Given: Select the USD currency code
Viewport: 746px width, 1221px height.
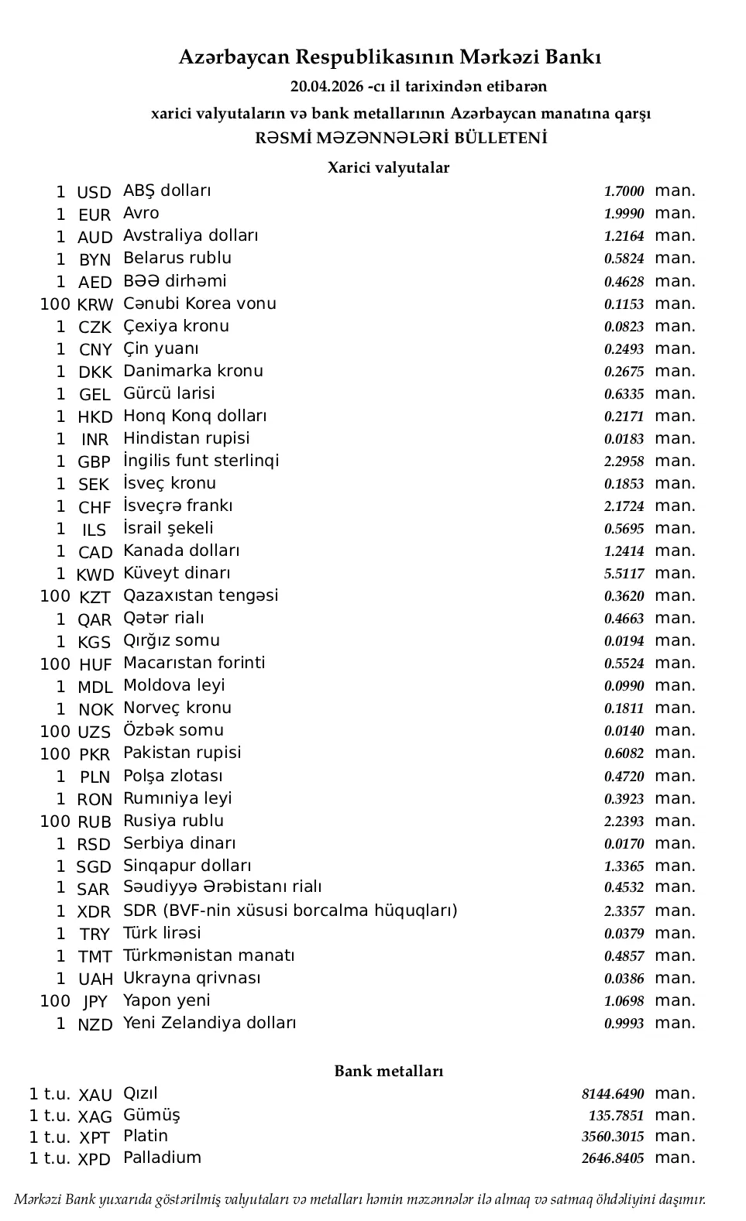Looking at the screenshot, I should [95, 192].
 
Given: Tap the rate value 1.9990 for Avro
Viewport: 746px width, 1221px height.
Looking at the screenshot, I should [624, 214].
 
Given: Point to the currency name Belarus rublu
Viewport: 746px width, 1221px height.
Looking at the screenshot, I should [177, 258].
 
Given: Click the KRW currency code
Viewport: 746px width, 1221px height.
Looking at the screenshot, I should [95, 304].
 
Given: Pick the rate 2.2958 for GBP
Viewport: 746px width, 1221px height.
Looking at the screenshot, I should [624, 461].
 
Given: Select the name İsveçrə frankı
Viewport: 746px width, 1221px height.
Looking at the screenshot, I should [178, 506].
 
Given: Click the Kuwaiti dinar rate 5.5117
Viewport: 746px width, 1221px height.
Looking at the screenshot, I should [624, 574].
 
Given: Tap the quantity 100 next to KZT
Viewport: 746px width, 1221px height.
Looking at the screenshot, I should [55, 596].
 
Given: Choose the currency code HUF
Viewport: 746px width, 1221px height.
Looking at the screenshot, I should [95, 664].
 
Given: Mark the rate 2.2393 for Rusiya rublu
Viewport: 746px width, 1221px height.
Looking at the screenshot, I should [624, 821].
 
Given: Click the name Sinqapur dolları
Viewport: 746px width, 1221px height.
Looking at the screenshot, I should [187, 866].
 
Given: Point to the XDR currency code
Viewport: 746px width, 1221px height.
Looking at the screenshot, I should [95, 911].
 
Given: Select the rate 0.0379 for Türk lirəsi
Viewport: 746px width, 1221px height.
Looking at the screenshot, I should [624, 934].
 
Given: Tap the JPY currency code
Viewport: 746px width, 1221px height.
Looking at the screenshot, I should [95, 1002].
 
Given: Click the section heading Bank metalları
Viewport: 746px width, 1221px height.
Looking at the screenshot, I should [389, 1071].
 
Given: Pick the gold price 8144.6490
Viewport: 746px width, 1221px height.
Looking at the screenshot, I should [613, 1094].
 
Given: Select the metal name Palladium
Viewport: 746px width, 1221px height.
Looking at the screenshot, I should [162, 1158].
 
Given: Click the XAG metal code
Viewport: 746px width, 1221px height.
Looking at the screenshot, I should [95, 1116].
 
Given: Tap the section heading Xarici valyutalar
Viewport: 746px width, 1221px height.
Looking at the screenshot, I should [388, 167].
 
